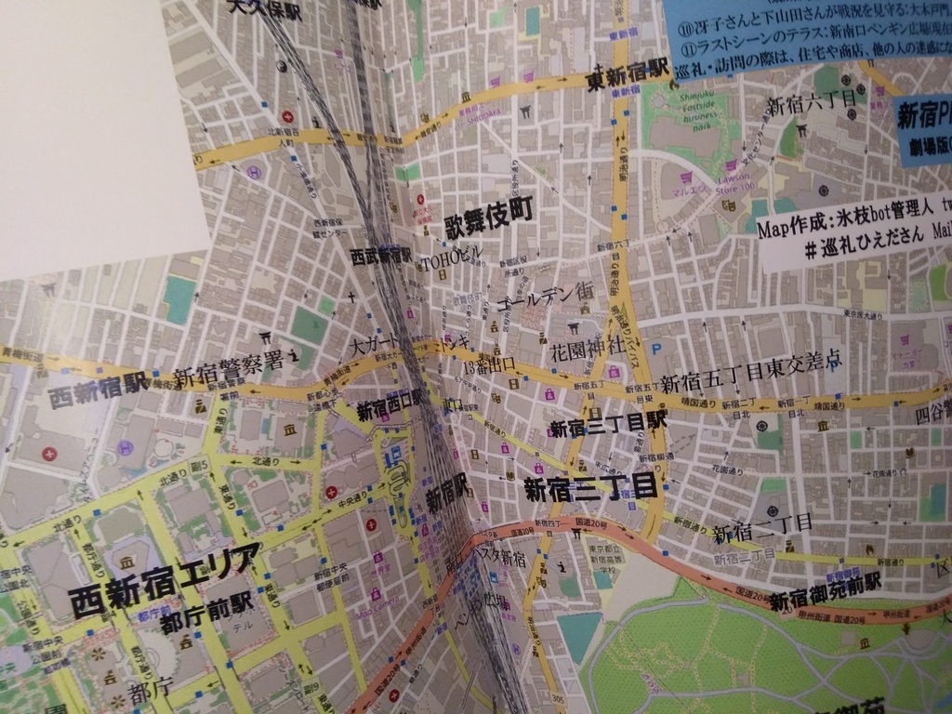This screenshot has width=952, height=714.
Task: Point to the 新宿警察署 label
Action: coord(229,367)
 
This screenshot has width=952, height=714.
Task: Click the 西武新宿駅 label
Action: coord(380,254)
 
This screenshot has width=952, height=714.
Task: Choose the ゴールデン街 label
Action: coord(545,296)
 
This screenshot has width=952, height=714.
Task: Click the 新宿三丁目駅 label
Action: coord(608,425)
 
